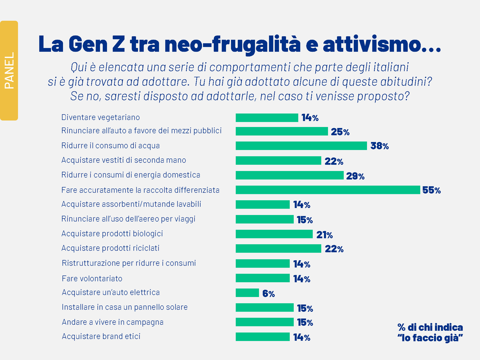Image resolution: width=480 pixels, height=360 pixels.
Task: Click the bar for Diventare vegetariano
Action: click(x=267, y=118)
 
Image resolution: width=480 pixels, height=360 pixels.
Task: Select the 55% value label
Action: click(x=431, y=190)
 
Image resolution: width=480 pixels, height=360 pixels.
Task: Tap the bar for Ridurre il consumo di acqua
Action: click(x=301, y=146)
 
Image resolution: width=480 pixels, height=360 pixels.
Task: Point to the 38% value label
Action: click(x=379, y=146)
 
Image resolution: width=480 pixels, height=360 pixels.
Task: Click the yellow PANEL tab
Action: click(x=9, y=70)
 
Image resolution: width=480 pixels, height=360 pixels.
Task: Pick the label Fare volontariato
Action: click(x=92, y=279)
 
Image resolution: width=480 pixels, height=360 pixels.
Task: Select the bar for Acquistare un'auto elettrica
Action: click(x=247, y=293)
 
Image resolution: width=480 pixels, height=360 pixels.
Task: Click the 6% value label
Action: click(x=268, y=294)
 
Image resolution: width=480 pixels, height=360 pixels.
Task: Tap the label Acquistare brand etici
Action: click(x=101, y=336)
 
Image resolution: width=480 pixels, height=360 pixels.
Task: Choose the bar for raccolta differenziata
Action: click(x=328, y=190)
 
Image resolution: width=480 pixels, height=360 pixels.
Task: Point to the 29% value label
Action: click(x=355, y=176)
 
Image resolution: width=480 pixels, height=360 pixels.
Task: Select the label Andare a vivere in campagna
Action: click(x=113, y=322)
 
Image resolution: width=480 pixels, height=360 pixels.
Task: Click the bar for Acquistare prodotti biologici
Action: click(x=274, y=234)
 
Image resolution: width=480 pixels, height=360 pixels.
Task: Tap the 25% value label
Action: click(x=340, y=132)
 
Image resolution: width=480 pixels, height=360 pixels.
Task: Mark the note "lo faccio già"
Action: click(x=430, y=338)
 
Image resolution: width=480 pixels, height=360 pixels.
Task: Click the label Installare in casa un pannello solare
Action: click(x=125, y=307)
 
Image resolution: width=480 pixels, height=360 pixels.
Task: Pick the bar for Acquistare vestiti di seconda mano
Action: click(x=278, y=161)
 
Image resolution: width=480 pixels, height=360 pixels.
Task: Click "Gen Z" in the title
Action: click(x=97, y=44)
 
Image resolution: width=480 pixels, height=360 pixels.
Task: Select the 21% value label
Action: click(x=324, y=235)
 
